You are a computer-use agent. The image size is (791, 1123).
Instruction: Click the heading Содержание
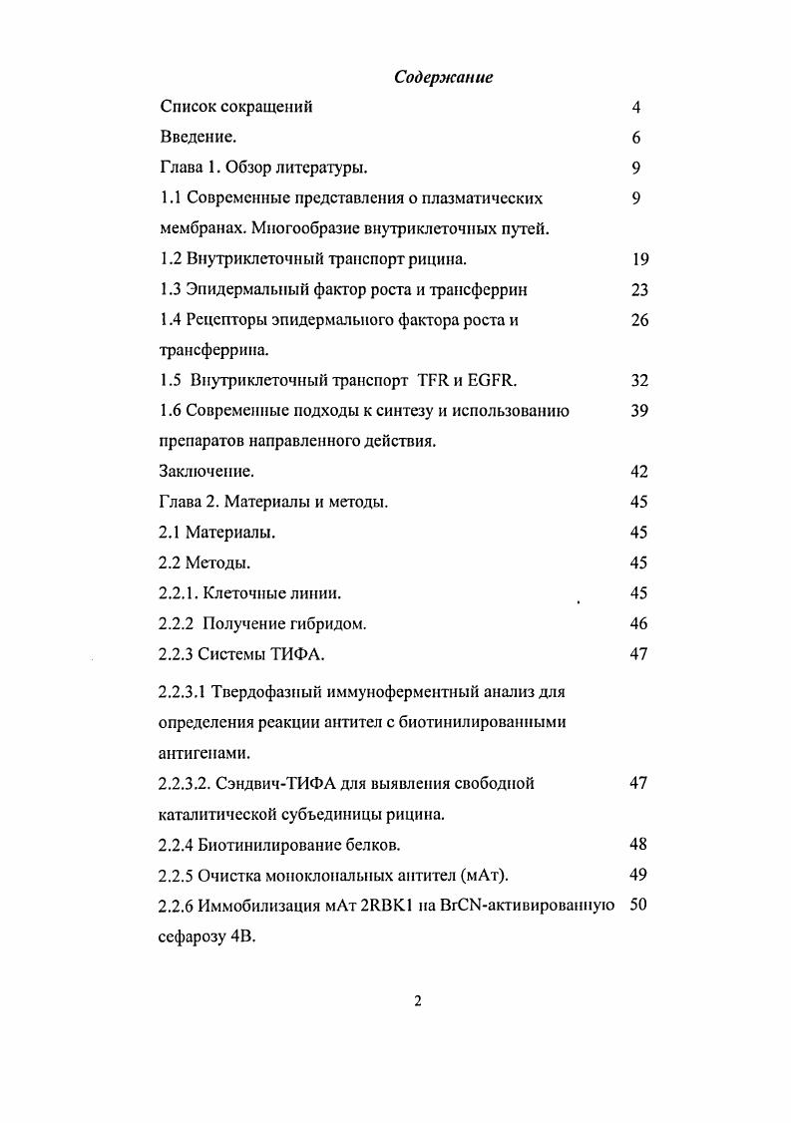tap(444, 77)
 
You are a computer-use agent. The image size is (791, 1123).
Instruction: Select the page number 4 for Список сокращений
tap(635, 108)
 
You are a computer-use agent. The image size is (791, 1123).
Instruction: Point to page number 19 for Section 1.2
tap(640, 259)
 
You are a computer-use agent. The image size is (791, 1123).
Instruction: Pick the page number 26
tap(640, 320)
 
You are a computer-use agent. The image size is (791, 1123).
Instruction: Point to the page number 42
tap(640, 472)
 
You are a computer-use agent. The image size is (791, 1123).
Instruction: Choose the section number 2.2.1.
tap(179, 593)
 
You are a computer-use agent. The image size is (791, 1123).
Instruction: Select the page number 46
tap(640, 624)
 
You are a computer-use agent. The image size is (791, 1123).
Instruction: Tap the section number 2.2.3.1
tap(186, 691)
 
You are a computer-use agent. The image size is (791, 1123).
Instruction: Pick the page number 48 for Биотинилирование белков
tap(640, 845)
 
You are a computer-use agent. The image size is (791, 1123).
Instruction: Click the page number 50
tap(640, 906)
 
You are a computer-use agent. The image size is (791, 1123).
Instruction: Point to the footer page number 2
tap(419, 1001)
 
